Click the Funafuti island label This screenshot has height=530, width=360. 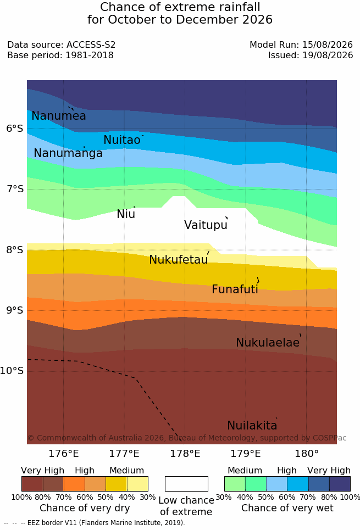click(x=235, y=289)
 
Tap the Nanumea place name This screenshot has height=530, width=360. click(x=58, y=115)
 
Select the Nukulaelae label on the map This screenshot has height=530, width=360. click(x=268, y=342)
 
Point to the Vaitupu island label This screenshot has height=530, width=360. click(x=206, y=225)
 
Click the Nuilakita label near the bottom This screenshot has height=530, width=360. click(x=252, y=425)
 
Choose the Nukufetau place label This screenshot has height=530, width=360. click(x=178, y=260)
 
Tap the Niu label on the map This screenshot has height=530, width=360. click(x=126, y=214)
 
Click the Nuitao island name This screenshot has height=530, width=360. click(x=122, y=140)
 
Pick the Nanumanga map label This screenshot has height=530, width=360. click(x=68, y=153)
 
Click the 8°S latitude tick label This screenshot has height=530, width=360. click(x=15, y=250)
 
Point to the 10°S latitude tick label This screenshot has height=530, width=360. click(x=12, y=371)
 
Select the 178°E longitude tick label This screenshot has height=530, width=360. click(x=185, y=453)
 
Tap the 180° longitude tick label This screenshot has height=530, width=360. click(x=307, y=453)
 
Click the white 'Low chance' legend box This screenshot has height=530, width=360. click(x=186, y=484)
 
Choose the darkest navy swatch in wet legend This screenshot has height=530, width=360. click(x=340, y=484)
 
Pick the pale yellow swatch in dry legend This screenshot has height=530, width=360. click(x=137, y=484)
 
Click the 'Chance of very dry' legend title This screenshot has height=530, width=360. click(x=85, y=508)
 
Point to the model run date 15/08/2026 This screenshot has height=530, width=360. click(x=328, y=44)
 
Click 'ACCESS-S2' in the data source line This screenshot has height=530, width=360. click(x=91, y=44)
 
